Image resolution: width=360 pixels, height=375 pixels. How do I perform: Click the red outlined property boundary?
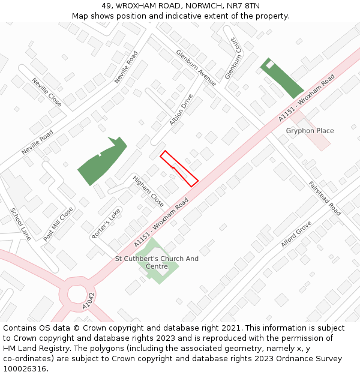click(x=179, y=168)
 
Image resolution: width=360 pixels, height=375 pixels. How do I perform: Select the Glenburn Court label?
click(x=232, y=60)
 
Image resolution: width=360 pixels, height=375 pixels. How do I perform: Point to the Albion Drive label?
click(x=181, y=110)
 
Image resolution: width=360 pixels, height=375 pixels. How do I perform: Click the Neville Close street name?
click(x=47, y=92)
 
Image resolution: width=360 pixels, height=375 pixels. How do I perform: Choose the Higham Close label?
click(x=148, y=191)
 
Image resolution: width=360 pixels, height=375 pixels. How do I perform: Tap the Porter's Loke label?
click(x=106, y=224)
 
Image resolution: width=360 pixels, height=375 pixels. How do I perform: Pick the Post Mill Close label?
click(x=58, y=224)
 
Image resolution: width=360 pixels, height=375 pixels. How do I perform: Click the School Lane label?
click(x=20, y=224)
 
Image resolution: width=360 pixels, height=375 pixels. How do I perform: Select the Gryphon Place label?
click(x=310, y=131)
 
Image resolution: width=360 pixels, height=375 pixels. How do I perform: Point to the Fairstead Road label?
click(x=325, y=199)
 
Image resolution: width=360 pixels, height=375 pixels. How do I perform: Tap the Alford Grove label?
click(x=296, y=234)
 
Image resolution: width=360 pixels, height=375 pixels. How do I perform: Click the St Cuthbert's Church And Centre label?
click(x=157, y=263)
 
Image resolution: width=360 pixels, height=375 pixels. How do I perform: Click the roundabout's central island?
click(x=77, y=294)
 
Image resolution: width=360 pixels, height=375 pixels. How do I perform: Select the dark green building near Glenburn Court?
click(x=281, y=78)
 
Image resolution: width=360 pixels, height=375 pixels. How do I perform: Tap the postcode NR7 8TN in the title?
click(x=244, y=5)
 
